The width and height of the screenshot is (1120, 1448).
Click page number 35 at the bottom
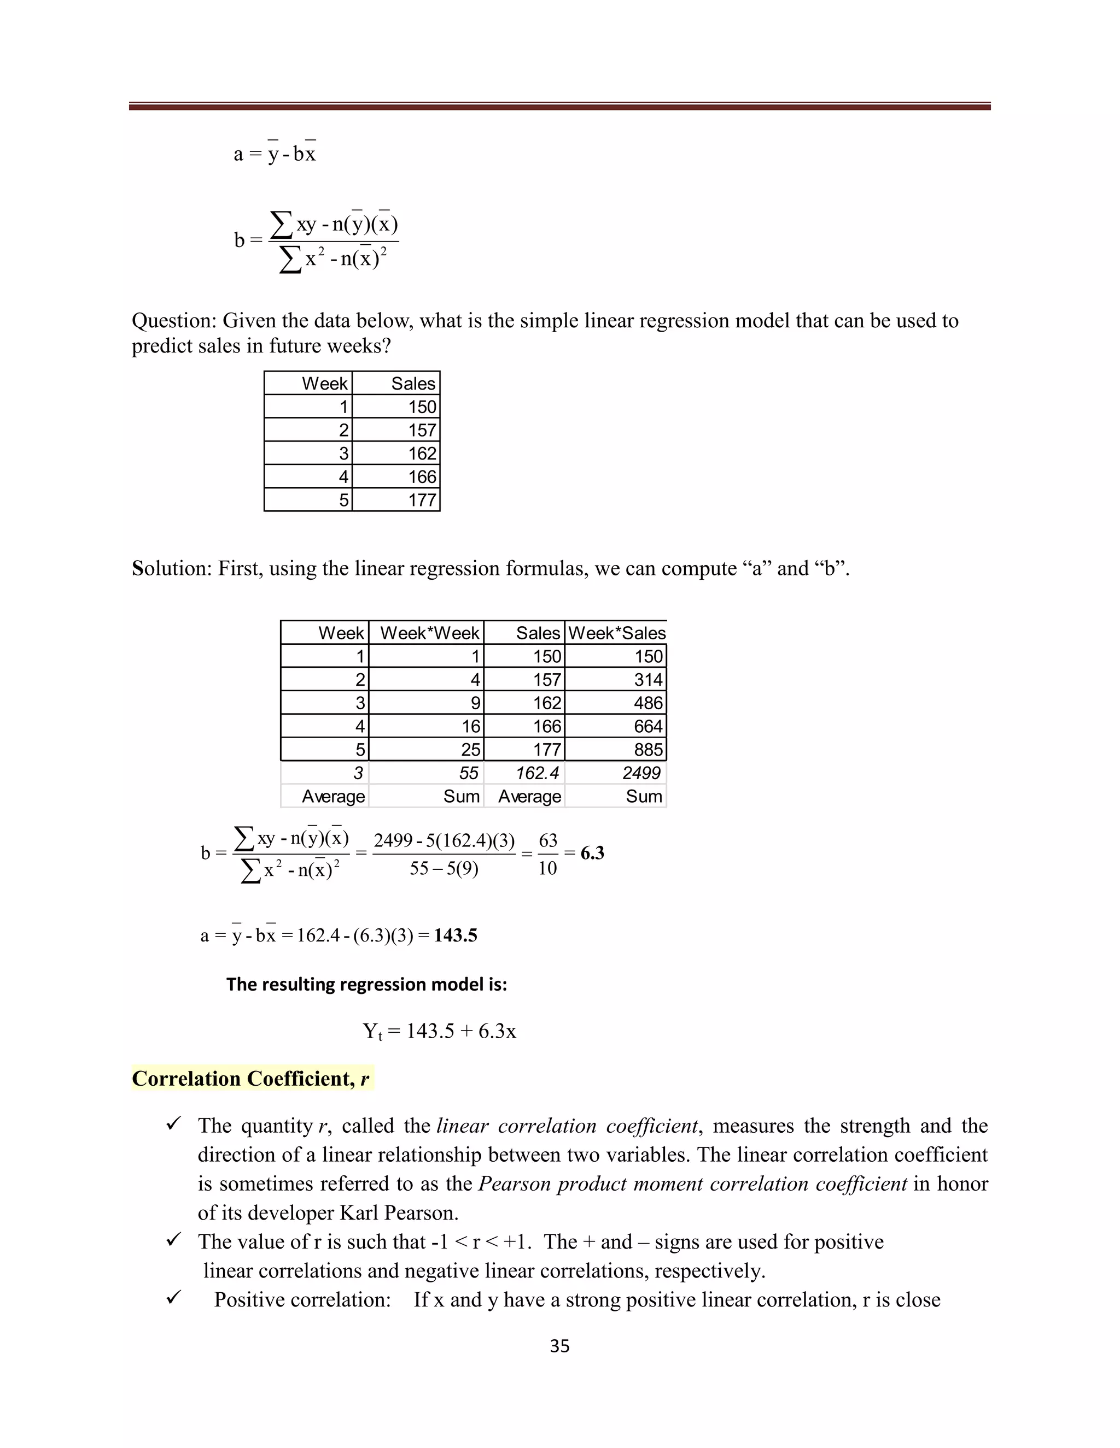559,1346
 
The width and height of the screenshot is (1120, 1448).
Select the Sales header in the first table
413,383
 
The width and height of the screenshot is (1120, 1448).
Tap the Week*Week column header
429,633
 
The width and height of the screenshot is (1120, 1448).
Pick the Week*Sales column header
616,633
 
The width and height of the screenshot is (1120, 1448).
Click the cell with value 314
647,680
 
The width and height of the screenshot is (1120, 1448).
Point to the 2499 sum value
641,773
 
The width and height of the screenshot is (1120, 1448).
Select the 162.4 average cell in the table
538,773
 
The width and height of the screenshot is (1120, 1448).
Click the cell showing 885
647,749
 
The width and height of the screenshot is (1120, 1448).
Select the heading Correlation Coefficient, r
251,1079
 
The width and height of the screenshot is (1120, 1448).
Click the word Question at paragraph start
174,321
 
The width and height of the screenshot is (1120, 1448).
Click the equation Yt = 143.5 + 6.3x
439,1031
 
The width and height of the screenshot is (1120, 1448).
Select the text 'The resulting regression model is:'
366,984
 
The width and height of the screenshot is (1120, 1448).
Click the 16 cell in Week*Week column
470,726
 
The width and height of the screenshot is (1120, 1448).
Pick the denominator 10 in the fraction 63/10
547,869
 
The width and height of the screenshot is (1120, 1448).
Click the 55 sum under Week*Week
469,773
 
